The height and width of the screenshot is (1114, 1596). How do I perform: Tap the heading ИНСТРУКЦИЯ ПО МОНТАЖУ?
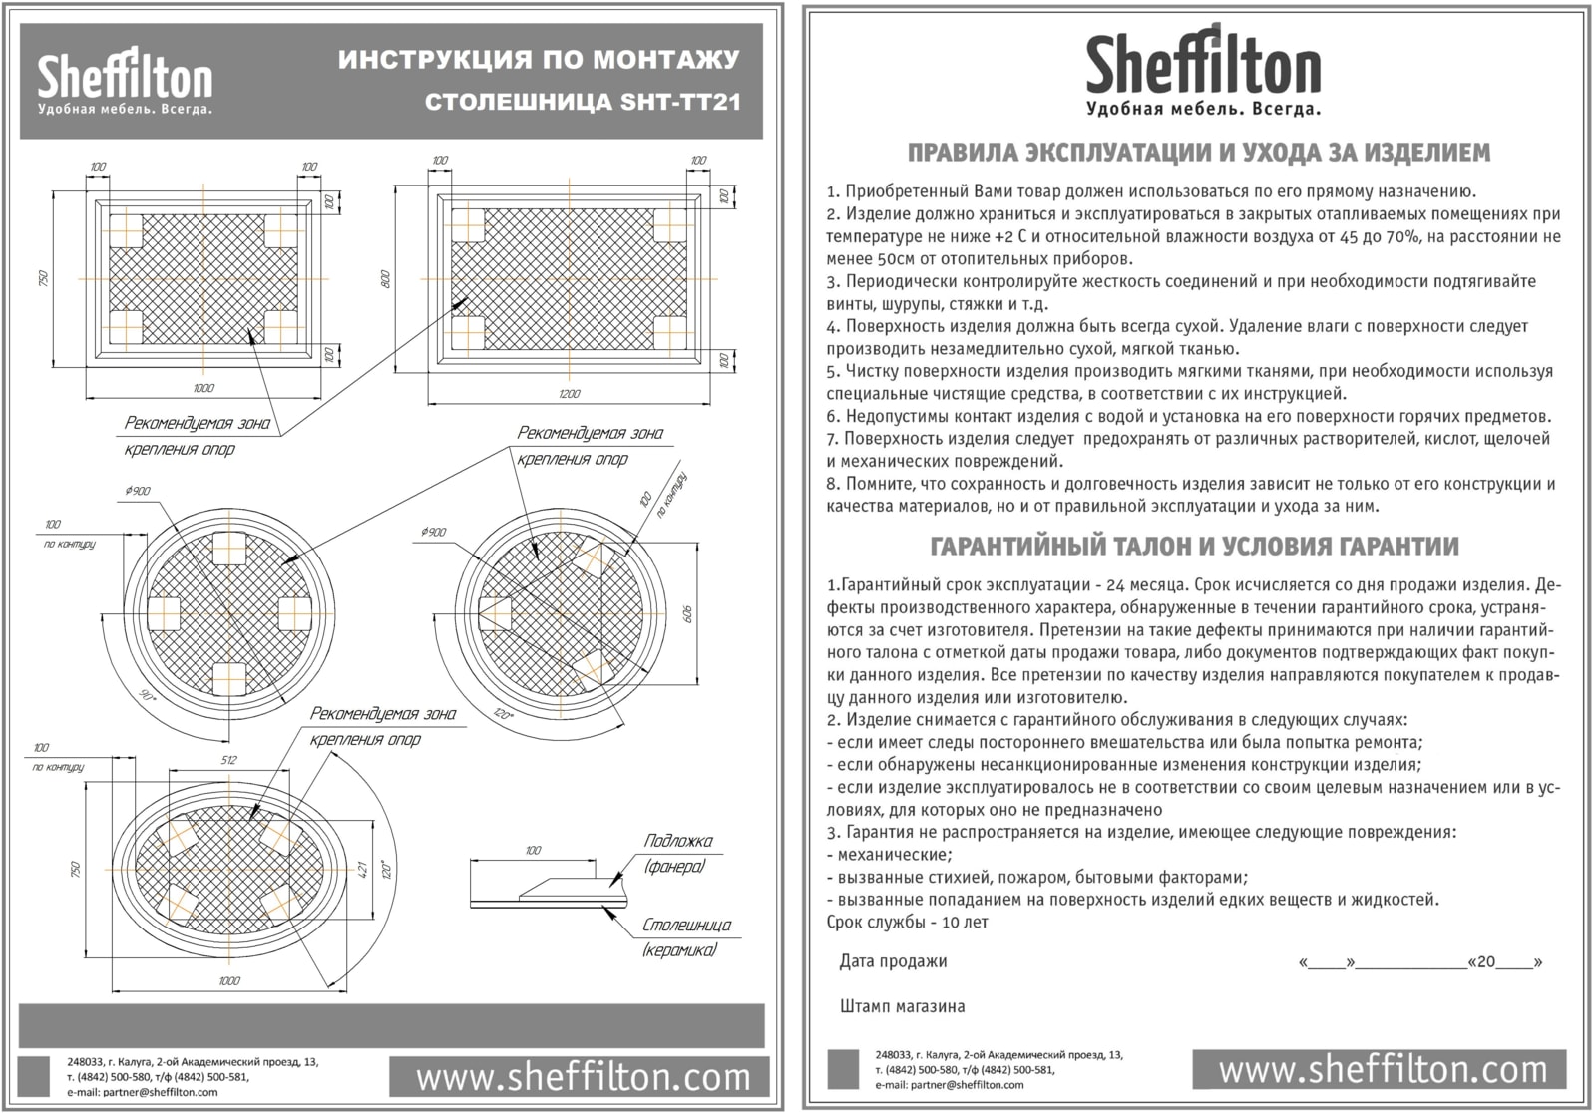(x=539, y=60)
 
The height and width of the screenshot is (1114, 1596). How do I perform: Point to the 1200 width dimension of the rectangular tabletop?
(x=569, y=394)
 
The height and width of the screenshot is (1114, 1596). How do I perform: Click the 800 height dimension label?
(x=386, y=279)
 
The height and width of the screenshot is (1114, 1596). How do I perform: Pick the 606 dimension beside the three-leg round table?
(x=686, y=614)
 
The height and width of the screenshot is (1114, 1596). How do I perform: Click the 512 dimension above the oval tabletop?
(x=228, y=760)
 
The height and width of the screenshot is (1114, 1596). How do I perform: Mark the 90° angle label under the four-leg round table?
(x=149, y=697)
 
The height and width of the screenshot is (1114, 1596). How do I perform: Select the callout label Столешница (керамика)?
(x=686, y=937)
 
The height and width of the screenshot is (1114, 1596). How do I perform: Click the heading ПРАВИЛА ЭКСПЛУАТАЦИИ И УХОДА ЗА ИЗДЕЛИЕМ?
(x=1199, y=153)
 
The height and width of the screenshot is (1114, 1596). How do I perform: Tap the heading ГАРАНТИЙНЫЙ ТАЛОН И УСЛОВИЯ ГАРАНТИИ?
(x=1194, y=547)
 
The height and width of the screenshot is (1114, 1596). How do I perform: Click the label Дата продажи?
(x=893, y=962)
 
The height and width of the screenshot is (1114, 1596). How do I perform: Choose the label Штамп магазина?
(x=902, y=1006)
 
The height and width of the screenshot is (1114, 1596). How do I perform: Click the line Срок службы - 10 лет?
(x=907, y=923)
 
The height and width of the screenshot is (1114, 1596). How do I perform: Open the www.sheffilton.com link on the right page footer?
(x=1383, y=1070)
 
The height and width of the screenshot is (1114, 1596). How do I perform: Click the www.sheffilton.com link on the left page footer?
(x=583, y=1077)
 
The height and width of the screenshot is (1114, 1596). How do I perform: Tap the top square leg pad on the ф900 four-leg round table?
(x=228, y=548)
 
